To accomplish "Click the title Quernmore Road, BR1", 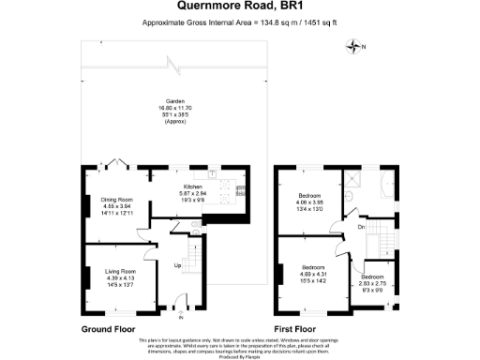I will pos(239,7).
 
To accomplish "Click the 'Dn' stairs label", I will pos(360,226).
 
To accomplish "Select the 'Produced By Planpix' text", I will pos(239,355).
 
